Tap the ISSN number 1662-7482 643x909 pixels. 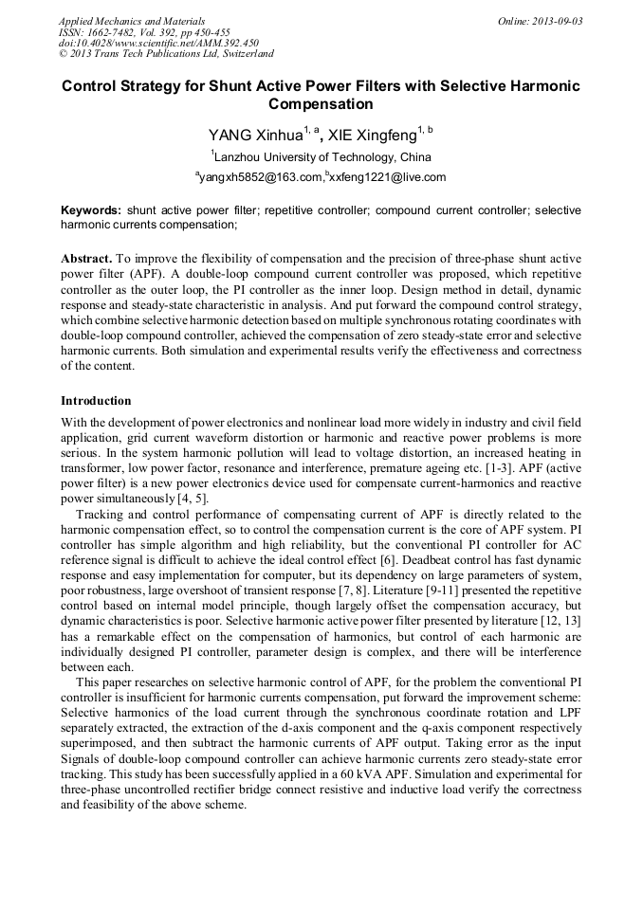coord(118,32)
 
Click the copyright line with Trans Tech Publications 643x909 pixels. coord(167,55)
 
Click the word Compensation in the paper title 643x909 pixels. coord(321,104)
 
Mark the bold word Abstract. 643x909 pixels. coord(88,258)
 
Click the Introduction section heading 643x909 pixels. coord(96,401)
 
